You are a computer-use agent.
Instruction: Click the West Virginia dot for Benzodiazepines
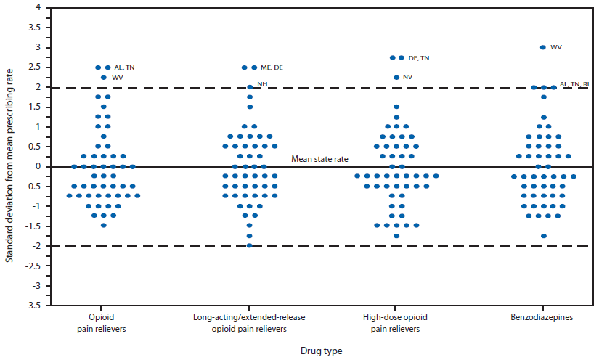pyautogui.click(x=542, y=47)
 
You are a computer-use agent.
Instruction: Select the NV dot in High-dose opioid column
pyautogui.click(x=396, y=77)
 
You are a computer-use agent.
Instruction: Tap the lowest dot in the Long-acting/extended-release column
pyautogui.click(x=249, y=245)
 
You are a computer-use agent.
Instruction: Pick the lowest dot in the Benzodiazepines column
pyautogui.click(x=543, y=236)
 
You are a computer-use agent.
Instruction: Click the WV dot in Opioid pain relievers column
pyautogui.click(x=104, y=77)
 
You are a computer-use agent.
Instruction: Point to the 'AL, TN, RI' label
pyautogui.click(x=574, y=85)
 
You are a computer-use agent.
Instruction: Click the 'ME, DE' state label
pyautogui.click(x=272, y=67)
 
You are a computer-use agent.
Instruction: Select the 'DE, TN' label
pyautogui.click(x=419, y=57)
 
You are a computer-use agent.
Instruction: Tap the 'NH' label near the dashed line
pyautogui.click(x=262, y=85)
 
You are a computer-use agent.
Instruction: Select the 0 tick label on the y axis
pyautogui.click(x=37, y=167)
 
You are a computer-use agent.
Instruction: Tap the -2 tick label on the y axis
pyautogui.click(x=35, y=246)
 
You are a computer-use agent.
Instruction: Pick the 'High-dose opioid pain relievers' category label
pyautogui.click(x=396, y=323)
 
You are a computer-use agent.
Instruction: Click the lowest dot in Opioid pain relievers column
pyautogui.click(x=104, y=225)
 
